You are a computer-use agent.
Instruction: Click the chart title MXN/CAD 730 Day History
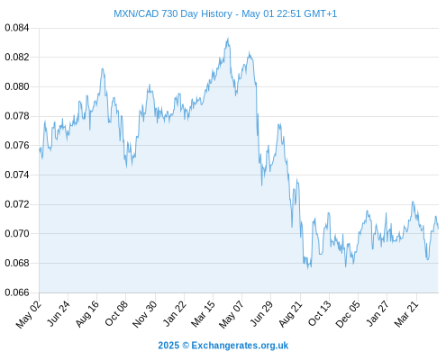point(173,13)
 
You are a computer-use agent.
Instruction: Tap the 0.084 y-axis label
point(17,28)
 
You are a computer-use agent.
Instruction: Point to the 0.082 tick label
point(17,57)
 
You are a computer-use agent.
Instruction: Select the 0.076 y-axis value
point(17,146)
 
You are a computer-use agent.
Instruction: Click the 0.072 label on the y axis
point(17,204)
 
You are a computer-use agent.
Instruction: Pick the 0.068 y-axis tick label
point(17,263)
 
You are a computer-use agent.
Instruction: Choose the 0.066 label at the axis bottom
point(17,292)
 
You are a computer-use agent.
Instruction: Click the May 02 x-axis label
point(29,313)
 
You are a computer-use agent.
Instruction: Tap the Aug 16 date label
point(87,313)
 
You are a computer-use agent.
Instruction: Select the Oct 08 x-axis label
point(116,313)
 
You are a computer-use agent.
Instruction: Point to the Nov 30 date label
point(145,313)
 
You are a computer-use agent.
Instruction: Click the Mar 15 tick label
point(204,313)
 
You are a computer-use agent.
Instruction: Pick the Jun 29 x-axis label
point(261,313)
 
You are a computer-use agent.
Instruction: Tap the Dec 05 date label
point(348,313)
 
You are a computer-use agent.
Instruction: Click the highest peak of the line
point(228,38)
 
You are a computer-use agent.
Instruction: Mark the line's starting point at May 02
point(40,148)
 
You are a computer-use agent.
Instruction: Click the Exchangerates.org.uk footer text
point(240,346)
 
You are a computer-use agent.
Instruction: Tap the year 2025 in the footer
point(168,346)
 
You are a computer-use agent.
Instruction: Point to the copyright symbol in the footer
point(186,346)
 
